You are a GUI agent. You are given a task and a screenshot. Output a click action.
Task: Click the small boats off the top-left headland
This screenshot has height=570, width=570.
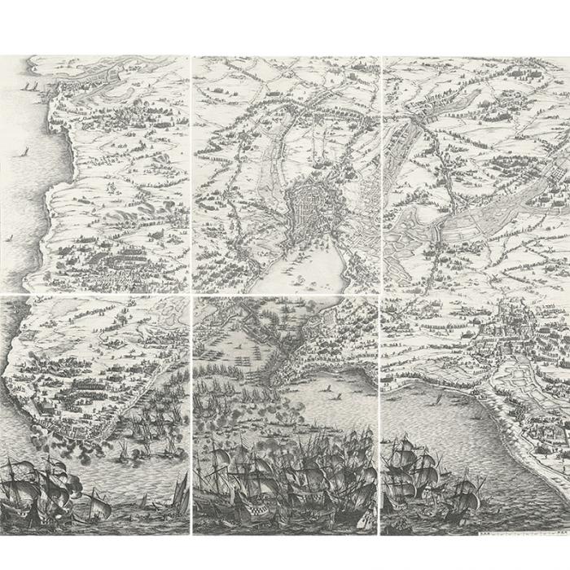(x=33, y=85)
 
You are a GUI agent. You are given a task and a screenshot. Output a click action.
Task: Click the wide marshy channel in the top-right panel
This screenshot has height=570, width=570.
(x=497, y=204)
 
